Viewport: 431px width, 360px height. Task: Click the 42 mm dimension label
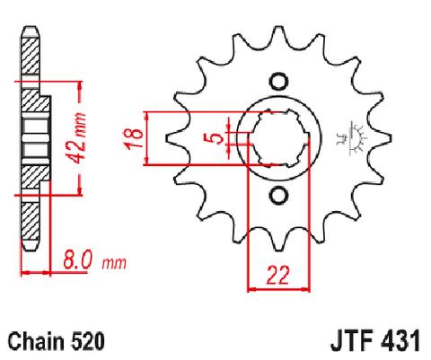coord(77,138)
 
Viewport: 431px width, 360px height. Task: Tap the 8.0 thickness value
coord(77,259)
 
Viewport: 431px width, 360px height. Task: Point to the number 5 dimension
coord(216,138)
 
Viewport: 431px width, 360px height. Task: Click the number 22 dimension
coord(277,275)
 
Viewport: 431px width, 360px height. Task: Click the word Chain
coord(36,341)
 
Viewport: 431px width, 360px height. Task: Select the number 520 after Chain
coord(88,341)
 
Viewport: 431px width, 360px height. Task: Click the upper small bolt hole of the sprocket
coord(278,81)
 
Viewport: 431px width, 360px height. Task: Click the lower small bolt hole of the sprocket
coord(278,195)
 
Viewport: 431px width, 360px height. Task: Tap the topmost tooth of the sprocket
coord(278,36)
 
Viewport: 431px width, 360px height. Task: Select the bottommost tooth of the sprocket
coord(278,241)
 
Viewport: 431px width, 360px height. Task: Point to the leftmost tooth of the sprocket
coord(177,138)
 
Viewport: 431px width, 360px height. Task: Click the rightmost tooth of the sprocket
coord(381,138)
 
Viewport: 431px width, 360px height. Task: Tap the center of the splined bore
coord(279,138)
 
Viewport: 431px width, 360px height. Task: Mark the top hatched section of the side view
coord(30,56)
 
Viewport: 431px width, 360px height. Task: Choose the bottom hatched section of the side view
coord(30,221)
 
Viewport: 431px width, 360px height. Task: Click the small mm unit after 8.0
coord(114,263)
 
